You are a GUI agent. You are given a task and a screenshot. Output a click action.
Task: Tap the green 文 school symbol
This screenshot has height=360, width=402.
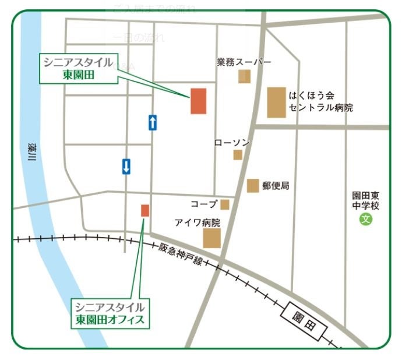[365, 220]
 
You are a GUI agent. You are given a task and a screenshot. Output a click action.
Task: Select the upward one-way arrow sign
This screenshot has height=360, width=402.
[153, 122]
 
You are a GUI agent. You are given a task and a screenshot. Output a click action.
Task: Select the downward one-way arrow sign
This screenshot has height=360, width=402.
[126, 167]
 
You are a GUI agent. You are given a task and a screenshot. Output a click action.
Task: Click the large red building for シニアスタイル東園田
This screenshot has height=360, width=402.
[199, 101]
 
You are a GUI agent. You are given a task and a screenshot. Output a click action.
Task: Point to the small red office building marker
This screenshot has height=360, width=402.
[145, 210]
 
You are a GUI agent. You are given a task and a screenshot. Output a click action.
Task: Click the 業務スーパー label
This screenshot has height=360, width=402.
[244, 62]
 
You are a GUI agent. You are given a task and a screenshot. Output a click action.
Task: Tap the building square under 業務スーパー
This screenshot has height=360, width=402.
[244, 76]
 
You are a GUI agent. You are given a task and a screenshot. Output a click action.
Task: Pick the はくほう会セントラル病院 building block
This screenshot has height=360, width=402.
[277, 103]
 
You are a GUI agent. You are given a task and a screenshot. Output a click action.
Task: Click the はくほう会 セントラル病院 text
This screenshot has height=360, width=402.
[320, 101]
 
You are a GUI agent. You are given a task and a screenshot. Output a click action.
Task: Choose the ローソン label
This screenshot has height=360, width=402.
[232, 143]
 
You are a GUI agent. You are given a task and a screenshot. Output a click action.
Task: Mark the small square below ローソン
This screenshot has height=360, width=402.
[238, 154]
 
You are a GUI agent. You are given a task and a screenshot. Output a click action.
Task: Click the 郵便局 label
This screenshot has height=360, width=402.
[275, 186]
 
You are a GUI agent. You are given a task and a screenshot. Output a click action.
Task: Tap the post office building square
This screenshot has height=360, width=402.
[253, 185]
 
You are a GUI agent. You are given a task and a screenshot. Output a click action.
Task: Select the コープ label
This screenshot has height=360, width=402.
[203, 204]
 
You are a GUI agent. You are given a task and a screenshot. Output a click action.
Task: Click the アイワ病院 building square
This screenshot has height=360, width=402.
[211, 238]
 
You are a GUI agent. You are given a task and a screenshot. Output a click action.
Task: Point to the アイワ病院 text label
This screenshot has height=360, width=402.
[198, 223]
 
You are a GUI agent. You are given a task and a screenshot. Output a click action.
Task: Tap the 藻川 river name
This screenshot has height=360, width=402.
[31, 156]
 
